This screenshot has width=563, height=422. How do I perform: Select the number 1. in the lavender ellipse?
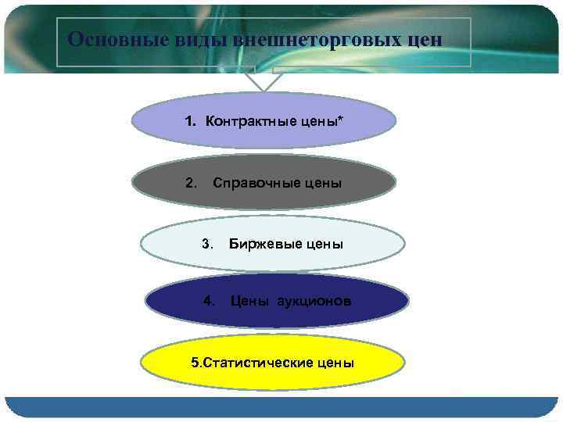coord(192,121)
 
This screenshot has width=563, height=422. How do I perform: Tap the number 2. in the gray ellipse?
coord(192,183)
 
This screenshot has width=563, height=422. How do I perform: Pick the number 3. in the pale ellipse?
coord(207,243)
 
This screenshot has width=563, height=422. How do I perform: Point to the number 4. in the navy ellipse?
coord(209,300)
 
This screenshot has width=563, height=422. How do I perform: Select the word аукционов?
coord(313,301)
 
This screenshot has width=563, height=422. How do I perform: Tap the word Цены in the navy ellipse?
coord(249,301)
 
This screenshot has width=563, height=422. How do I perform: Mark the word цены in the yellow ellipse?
coord(336,363)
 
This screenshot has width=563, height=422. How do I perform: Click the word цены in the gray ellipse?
coord(323,183)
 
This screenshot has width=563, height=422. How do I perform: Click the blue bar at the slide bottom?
coord(281,406)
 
